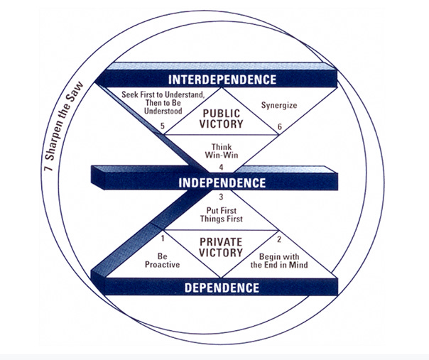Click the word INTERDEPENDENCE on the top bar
click(221, 78)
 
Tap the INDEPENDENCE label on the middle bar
click(222, 182)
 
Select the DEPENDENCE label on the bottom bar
click(222, 288)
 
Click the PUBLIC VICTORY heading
click(222, 118)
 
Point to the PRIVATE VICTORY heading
click(222, 246)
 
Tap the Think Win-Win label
click(222, 151)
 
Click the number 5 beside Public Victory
click(163, 128)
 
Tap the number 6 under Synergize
click(279, 128)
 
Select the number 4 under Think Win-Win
click(221, 167)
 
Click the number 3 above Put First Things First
click(221, 197)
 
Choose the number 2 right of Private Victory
click(279, 239)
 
